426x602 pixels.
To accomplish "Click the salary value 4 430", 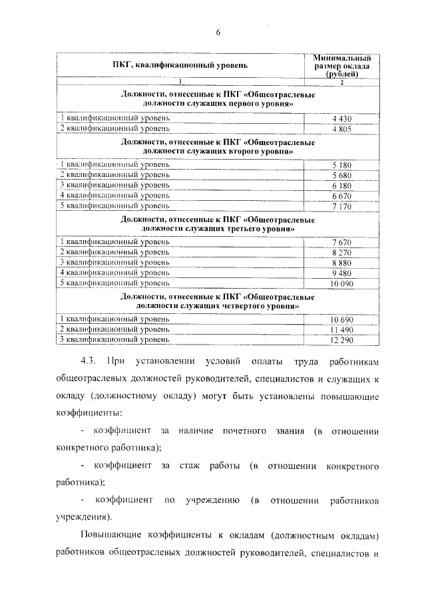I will [x=341, y=117].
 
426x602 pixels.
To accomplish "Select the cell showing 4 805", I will [x=341, y=128].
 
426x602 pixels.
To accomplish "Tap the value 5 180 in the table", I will [x=341, y=164].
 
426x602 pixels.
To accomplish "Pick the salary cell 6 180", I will [x=341, y=185].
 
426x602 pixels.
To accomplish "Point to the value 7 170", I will [x=341, y=206].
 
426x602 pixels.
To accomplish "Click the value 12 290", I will [x=341, y=341].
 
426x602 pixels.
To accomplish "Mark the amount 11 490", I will [x=341, y=330].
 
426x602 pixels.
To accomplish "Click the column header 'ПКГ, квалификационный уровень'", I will [x=180, y=65].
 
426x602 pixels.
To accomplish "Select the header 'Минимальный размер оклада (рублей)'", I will [x=341, y=65].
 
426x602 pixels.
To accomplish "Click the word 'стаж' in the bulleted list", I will [x=188, y=466].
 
